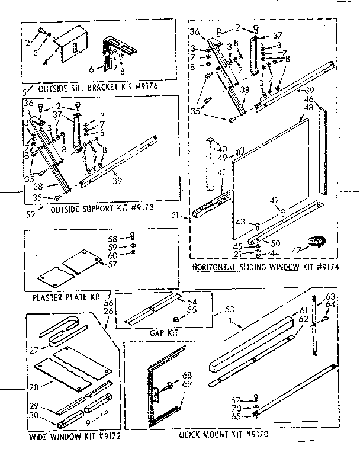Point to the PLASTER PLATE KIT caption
[x=67, y=295]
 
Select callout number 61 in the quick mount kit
[x=303, y=310]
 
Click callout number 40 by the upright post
[x=223, y=149]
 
